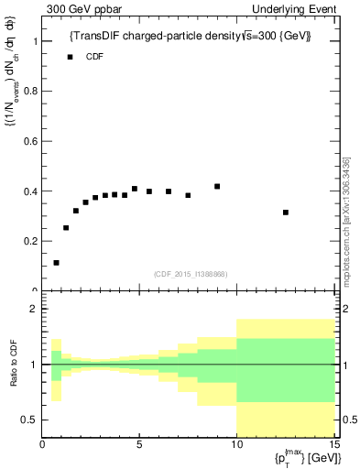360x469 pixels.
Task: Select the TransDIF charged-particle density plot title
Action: pos(191,37)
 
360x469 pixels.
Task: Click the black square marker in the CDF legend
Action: pos(70,57)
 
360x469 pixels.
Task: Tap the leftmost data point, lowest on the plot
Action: pos(57,263)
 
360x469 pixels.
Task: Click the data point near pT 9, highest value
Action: pos(217,187)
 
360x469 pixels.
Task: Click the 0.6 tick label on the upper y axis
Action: pos(31,142)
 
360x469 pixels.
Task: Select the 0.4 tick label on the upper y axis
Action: pos(31,191)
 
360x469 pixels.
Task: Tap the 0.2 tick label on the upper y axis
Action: pos(31,241)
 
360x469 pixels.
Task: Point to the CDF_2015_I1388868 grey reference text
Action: pos(190,274)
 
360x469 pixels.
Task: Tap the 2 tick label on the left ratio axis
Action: pos(33,310)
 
